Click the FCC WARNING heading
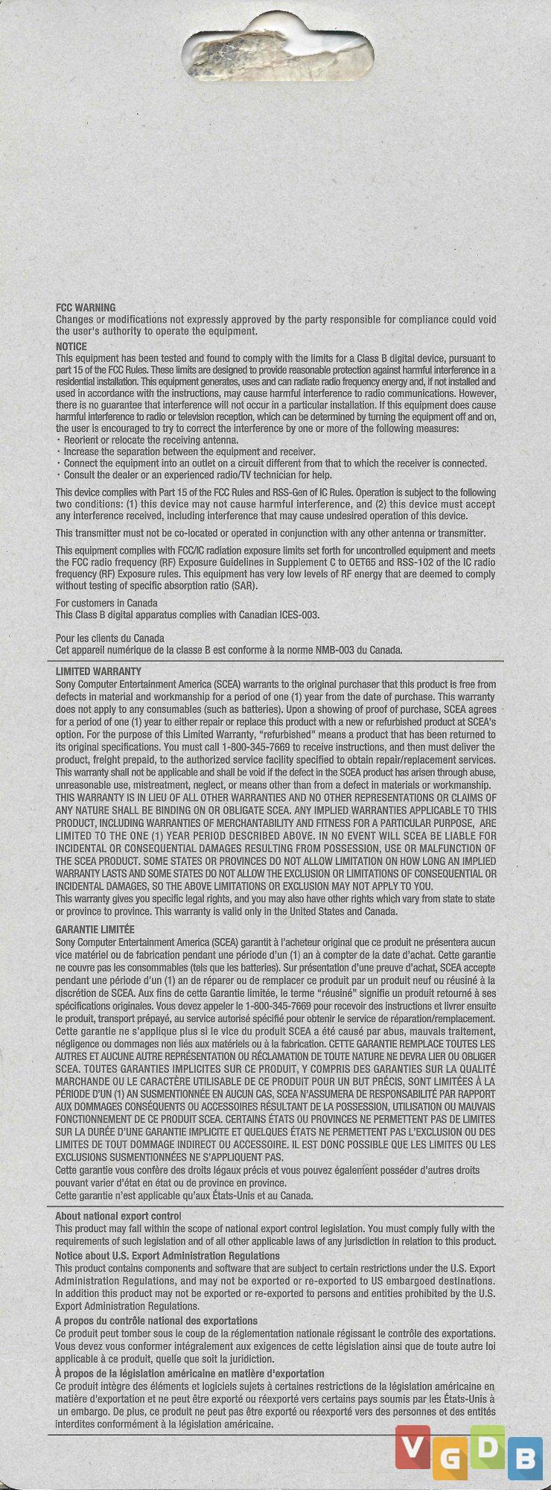click(86, 308)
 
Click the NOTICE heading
click(71, 346)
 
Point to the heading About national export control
click(118, 1216)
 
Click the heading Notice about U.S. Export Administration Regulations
click(168, 1255)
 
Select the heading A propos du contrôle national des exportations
click(156, 1320)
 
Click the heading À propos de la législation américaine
click(190, 1373)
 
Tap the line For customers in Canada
click(106, 603)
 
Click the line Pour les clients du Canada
click(110, 638)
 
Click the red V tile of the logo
click(413, 1447)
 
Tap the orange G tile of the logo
click(449, 1459)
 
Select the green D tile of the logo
click(487, 1447)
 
